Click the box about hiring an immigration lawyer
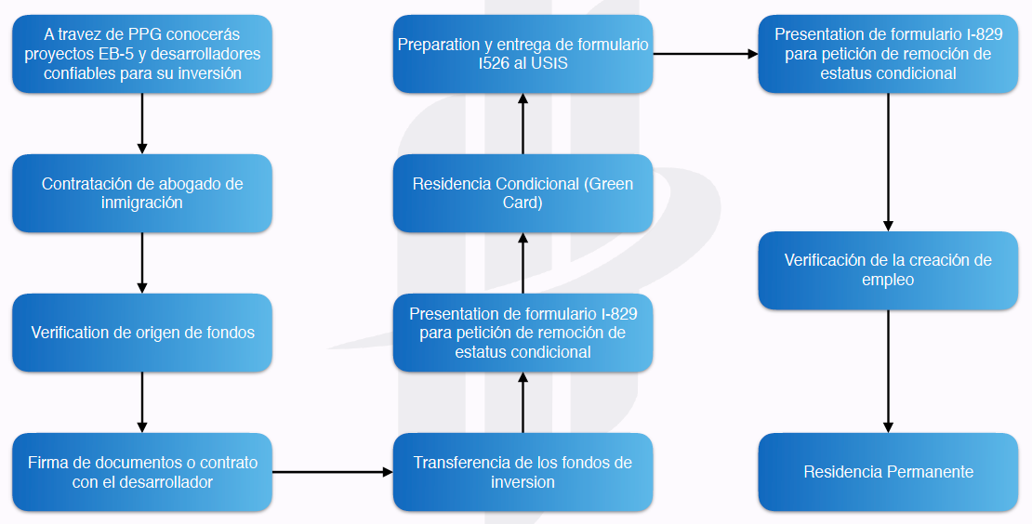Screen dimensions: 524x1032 pyautogui.click(x=142, y=193)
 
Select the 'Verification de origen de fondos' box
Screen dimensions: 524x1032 pyautogui.click(x=142, y=333)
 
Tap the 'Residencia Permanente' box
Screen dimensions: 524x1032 pyautogui.click(x=888, y=472)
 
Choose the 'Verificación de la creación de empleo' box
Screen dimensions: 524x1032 pyautogui.click(x=888, y=269)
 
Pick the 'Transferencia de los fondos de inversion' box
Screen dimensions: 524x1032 pyautogui.click(x=523, y=472)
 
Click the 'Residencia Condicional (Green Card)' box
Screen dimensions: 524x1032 pyautogui.click(x=523, y=193)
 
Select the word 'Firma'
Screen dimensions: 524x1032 pyautogui.click(x=47, y=463)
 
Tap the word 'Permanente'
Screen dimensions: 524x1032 pyautogui.click(x=930, y=472)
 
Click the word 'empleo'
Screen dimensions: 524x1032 pyautogui.click(x=888, y=280)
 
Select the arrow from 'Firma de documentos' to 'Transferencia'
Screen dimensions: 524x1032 pyautogui.click(x=332, y=472)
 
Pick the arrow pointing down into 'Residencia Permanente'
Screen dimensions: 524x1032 pyautogui.click(x=888, y=372)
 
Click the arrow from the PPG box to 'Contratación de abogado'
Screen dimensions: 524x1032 pyautogui.click(x=142, y=124)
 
